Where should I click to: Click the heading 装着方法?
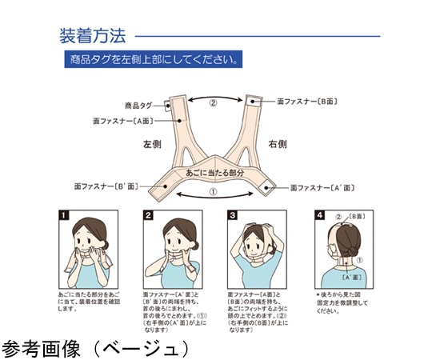(93, 36)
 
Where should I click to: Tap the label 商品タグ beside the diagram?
(138, 105)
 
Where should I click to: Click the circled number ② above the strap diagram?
(213, 103)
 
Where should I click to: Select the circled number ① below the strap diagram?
(213, 193)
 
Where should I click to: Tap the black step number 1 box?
(62, 215)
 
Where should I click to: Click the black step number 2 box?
(148, 215)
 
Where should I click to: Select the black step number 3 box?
(233, 215)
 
